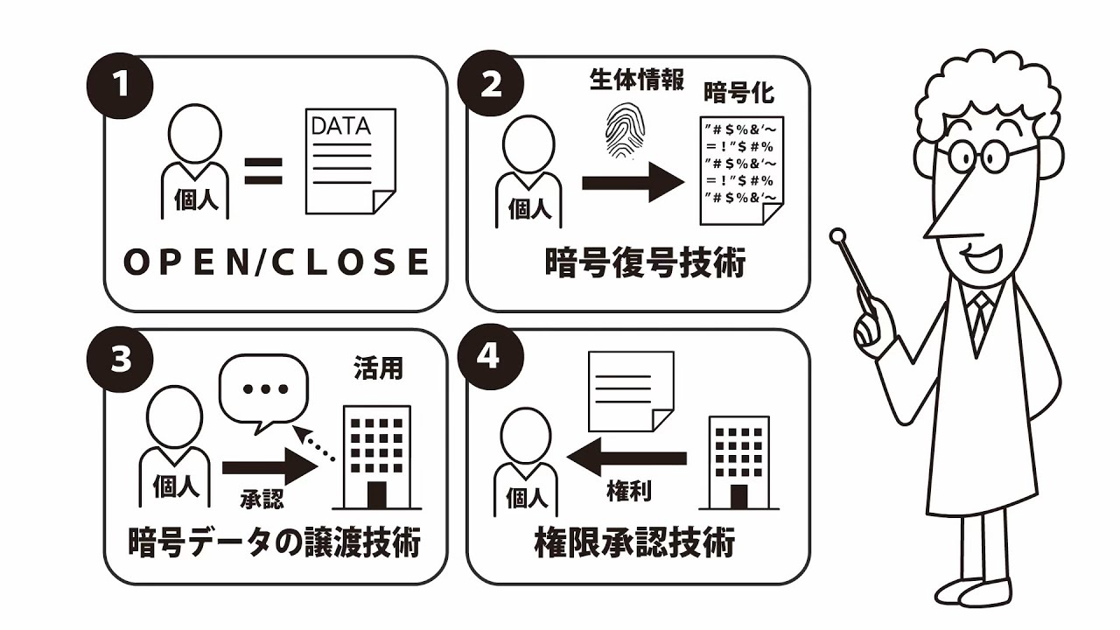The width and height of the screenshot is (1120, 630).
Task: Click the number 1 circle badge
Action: [x=121, y=87]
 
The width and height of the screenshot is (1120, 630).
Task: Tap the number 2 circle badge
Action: [x=491, y=85]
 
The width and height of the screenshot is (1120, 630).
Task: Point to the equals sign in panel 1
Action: [x=263, y=171]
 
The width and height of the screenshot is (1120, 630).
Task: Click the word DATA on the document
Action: [x=341, y=125]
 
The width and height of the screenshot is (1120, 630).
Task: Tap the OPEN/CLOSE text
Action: [x=276, y=262]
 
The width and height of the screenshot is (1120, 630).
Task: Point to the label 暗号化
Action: [x=739, y=94]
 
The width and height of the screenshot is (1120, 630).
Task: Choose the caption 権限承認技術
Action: [x=634, y=544]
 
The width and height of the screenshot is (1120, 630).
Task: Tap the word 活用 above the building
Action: [x=379, y=367]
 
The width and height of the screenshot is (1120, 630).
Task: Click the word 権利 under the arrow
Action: [x=628, y=492]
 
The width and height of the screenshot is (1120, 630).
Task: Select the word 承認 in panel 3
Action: [x=262, y=499]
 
